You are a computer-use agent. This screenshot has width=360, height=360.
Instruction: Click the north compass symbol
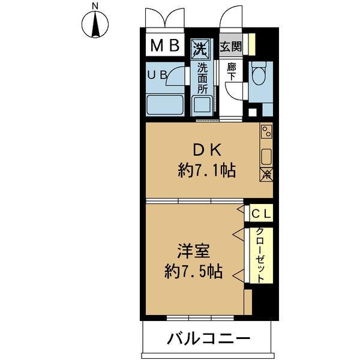(95, 23)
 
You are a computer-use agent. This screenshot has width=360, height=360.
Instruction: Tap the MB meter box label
(164, 46)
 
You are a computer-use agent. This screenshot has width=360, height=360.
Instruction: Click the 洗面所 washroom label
(202, 78)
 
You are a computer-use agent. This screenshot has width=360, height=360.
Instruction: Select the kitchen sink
(266, 157)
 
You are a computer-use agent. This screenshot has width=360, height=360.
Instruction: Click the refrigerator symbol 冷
(266, 175)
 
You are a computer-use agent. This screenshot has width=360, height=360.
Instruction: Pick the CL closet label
(261, 213)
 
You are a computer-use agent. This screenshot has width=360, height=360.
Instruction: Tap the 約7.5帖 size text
(193, 272)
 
